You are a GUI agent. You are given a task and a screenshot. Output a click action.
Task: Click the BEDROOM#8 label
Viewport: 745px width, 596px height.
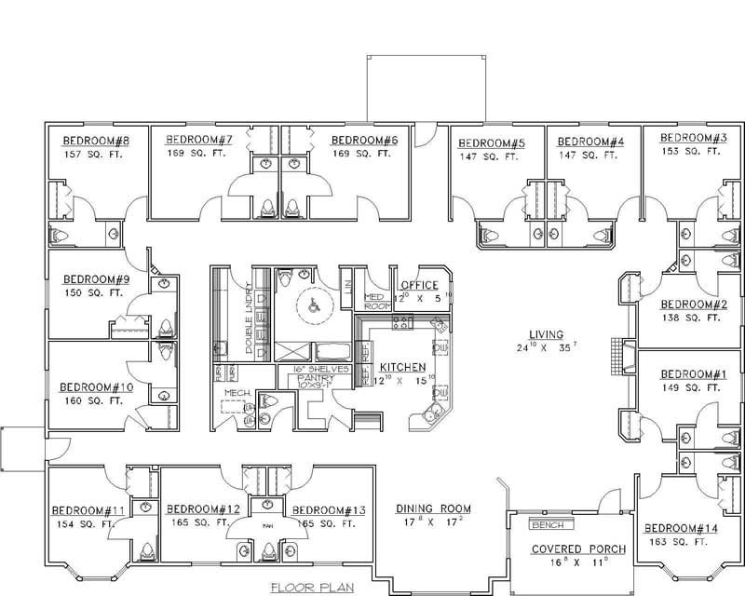95,142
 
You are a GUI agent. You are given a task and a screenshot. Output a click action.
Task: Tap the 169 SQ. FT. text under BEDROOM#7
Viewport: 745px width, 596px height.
197,155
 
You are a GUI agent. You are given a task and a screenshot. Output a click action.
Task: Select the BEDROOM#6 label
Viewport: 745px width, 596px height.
365,141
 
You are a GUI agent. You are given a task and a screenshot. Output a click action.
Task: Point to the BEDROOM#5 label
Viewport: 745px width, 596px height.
492,142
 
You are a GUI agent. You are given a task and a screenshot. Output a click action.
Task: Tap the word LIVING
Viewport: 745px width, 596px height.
548,333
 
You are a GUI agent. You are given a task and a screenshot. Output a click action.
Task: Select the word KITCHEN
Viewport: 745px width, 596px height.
403,367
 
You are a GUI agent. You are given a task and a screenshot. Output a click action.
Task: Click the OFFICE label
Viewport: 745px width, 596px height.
418,285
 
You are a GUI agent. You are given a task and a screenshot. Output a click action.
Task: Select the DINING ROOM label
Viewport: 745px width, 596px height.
433,508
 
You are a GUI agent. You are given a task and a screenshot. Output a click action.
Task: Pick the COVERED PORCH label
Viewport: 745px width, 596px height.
578,549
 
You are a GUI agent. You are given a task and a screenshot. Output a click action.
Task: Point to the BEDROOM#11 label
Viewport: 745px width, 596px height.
88,509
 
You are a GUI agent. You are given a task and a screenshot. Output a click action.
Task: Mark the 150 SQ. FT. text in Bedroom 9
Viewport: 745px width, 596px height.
92,292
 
